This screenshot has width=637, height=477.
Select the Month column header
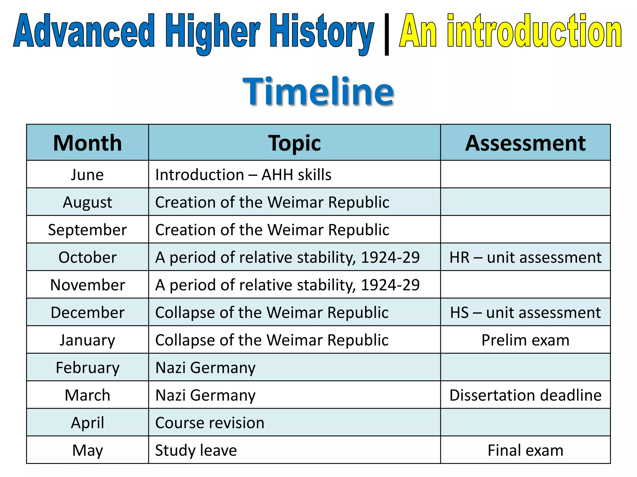(x=87, y=143)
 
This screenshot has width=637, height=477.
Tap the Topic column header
(x=294, y=143)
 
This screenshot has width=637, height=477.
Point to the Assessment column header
(x=525, y=143)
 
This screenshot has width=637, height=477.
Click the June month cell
(x=87, y=175)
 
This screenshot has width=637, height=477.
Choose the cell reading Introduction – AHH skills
(x=243, y=175)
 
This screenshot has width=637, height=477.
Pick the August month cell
(x=87, y=202)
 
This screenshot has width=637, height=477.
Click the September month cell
(x=87, y=230)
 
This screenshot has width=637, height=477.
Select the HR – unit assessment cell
(x=525, y=257)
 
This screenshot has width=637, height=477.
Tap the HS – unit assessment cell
(x=525, y=312)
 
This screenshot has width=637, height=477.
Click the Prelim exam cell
(x=525, y=340)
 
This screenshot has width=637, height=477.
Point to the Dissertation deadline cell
(x=525, y=395)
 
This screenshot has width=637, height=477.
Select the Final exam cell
(x=525, y=450)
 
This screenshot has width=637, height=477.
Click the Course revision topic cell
(x=210, y=423)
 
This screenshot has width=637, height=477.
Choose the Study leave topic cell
(x=196, y=450)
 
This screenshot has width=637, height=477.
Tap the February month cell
(x=87, y=368)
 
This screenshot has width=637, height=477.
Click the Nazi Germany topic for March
(x=205, y=395)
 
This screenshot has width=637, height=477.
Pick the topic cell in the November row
(x=287, y=285)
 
